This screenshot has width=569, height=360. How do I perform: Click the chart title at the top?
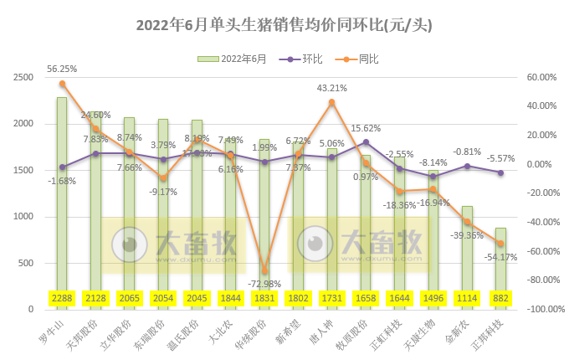[x=284, y=25]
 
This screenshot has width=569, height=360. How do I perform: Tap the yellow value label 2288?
[x=62, y=298]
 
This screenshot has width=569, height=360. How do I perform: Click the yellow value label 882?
[x=500, y=298]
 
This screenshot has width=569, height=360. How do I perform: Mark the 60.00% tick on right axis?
[x=541, y=77]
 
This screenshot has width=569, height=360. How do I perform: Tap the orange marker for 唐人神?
[x=332, y=102]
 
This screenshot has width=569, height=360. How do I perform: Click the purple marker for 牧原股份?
[x=366, y=141]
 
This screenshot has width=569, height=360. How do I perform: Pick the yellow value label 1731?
[x=331, y=298]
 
